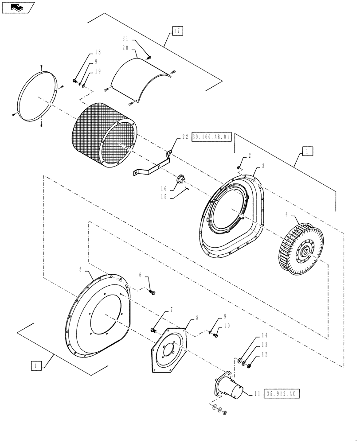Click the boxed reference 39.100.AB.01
coord(212,137)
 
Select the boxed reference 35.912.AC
coord(282,393)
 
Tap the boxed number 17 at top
coord(177,31)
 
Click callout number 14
coord(265,335)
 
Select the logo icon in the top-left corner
coord(18,7)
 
